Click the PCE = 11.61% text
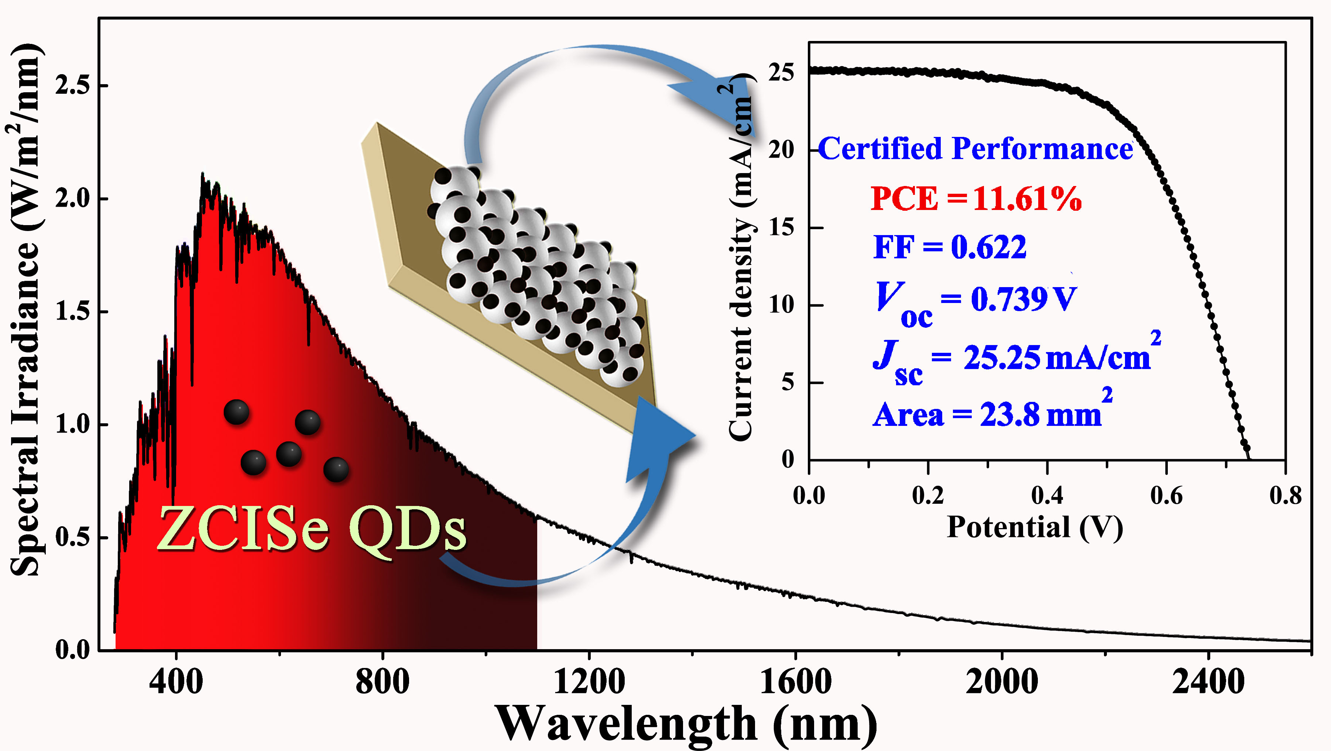click(975, 199)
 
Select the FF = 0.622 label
click(950, 247)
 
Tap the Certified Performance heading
click(975, 149)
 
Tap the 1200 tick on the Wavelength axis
click(589, 682)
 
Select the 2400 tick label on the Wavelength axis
click(1208, 682)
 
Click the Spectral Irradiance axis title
click(25, 310)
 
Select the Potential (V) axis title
click(1035, 527)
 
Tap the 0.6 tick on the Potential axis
click(1166, 496)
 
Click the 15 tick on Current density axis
click(781, 227)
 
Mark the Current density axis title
click(740, 258)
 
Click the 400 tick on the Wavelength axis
click(176, 682)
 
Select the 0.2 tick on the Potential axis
click(928, 496)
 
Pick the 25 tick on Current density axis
click(781, 72)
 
